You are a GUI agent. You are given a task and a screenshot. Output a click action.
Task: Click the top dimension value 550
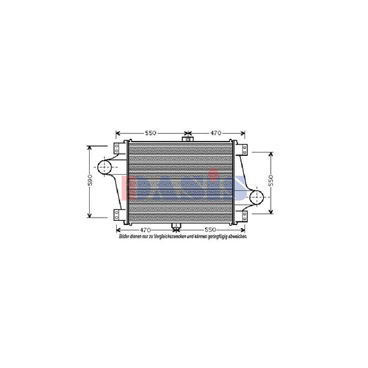tap(151, 133)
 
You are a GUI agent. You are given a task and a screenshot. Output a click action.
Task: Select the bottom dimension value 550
tap(211, 229)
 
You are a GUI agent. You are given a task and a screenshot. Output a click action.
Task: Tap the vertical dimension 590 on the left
tap(90, 182)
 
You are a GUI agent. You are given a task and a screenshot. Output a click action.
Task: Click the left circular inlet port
tap(104, 168)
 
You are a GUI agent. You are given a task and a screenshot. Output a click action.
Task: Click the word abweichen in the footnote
tap(236, 236)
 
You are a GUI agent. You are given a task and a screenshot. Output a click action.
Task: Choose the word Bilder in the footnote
tap(124, 236)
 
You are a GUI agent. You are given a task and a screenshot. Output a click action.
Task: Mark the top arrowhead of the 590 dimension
tap(90, 148)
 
